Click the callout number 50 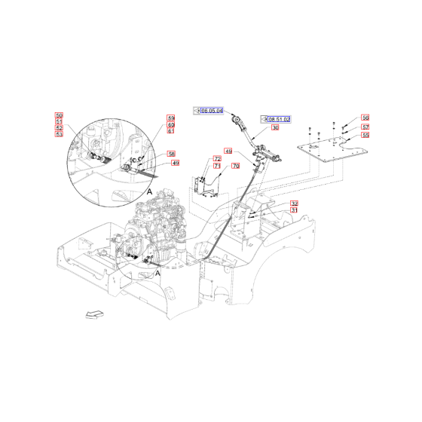[60, 115]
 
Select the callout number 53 [60, 136]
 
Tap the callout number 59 [171, 118]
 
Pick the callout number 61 [171, 131]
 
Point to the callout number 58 [171, 154]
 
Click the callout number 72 [217, 159]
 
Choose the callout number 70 [235, 165]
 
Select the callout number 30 [275, 128]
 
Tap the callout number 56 [365, 118]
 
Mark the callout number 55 [365, 136]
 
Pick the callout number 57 [365, 127]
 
